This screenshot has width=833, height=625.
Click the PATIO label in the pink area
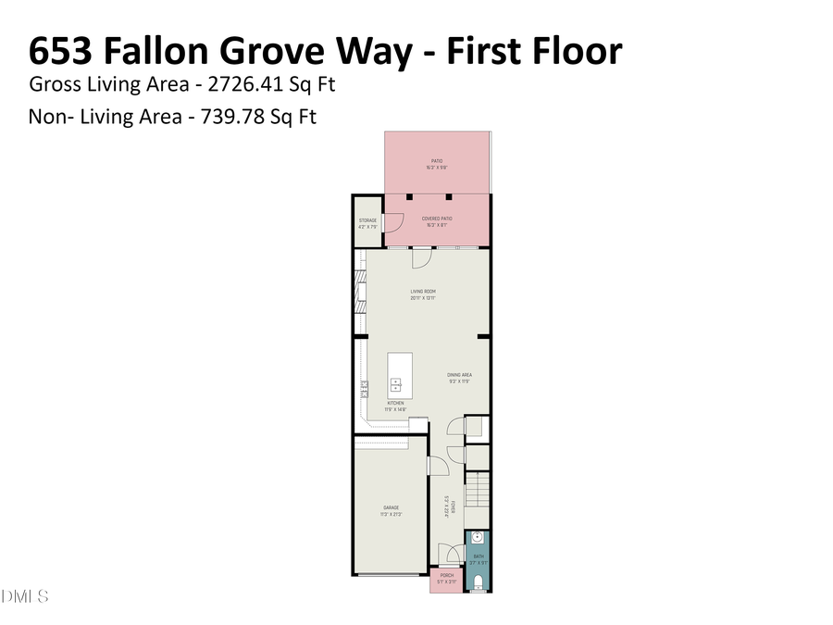[437, 161]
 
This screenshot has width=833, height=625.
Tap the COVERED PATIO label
[437, 219]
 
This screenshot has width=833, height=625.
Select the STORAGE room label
[367, 220]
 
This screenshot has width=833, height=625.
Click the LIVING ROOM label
[423, 292]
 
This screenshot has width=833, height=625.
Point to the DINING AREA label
[460, 375]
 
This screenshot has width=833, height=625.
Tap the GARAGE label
[391, 507]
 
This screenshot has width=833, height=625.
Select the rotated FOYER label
[446, 505]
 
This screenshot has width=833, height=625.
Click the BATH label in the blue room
[479, 556]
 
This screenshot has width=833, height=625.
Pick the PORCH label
[447, 575]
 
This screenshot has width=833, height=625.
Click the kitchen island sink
[396, 384]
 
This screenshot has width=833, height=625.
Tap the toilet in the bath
[479, 581]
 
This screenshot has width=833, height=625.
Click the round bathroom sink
[479, 537]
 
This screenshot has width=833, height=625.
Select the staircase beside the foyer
[477, 489]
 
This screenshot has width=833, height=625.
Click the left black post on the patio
[408, 197]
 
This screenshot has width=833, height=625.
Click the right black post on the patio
[448, 197]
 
